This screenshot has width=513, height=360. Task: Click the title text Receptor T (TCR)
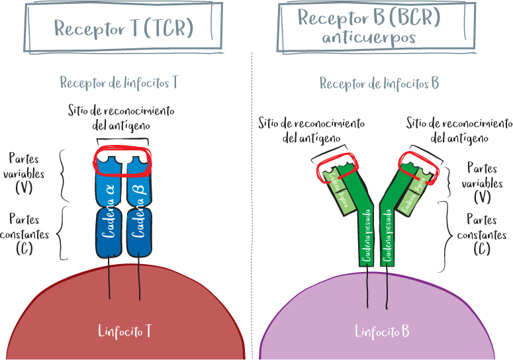point(123,28)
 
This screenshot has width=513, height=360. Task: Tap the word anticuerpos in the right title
point(369,38)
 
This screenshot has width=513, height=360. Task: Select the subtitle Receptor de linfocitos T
point(119,83)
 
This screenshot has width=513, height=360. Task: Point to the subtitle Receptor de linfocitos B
point(379,83)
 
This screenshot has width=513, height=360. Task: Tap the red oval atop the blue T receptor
point(123,159)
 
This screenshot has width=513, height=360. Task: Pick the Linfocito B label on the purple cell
point(382,331)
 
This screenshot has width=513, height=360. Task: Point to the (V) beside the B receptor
point(483,197)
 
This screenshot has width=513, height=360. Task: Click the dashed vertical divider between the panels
point(252,199)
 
